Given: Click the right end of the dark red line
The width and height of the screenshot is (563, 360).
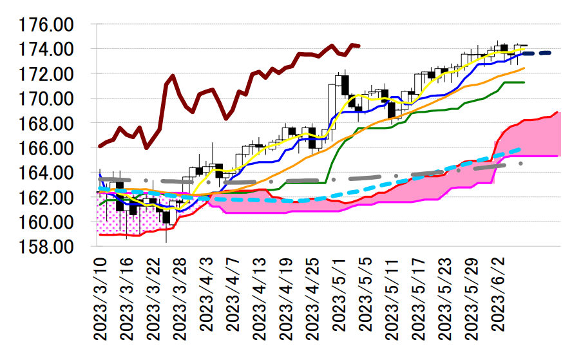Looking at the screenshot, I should click(x=359, y=46).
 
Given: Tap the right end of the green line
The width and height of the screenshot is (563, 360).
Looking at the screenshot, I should click(x=524, y=82).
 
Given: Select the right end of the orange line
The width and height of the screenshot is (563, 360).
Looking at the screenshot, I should click(x=524, y=68).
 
